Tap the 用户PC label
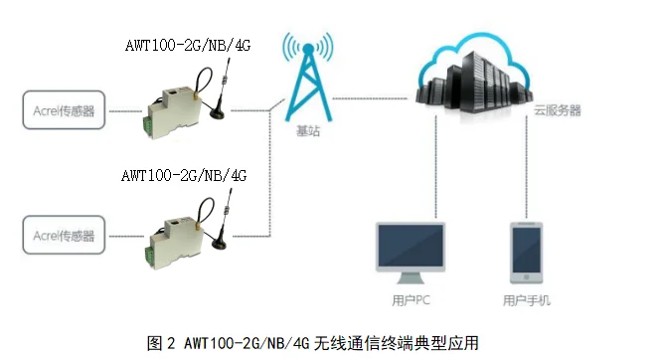point(411,299)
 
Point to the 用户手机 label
point(526,299)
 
